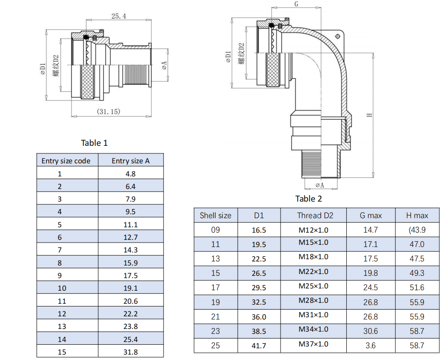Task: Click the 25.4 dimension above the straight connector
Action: click(118, 16)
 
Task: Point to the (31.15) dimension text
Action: click(108, 111)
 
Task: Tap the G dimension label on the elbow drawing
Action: click(296, 4)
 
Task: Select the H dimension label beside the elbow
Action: click(369, 115)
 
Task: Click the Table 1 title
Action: click(94, 143)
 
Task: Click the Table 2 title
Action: click(308, 198)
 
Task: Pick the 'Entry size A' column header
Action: click(131, 161)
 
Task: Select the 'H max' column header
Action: click(417, 216)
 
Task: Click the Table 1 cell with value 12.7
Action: click(131, 237)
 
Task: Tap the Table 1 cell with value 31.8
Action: click(131, 352)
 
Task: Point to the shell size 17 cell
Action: click(216, 288)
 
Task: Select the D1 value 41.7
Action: click(259, 346)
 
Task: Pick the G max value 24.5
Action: click(371, 288)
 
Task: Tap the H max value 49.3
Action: click(416, 273)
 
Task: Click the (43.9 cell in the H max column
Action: click(416, 229)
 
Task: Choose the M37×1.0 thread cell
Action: click(313, 344)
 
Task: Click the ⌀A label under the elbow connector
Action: click(320, 185)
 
